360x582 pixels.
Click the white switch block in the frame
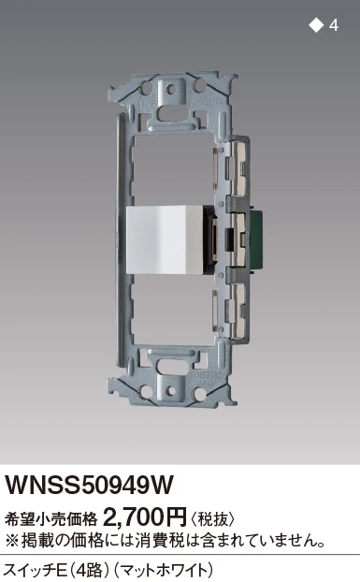[165, 240]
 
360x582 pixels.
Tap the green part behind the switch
[256, 239]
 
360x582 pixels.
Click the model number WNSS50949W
[89, 485]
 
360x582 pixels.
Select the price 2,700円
[144, 517]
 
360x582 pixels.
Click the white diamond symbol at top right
[316, 25]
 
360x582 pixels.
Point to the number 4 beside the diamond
[334, 25]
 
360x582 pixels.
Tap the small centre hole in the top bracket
[170, 89]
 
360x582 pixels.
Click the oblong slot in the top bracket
[170, 113]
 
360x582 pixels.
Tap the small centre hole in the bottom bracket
[170, 391]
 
